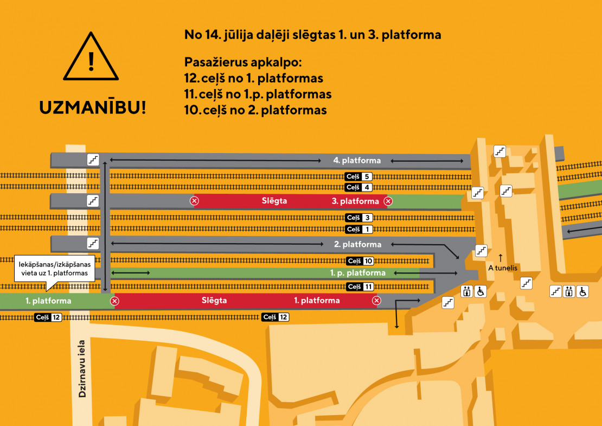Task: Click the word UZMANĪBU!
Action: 93,107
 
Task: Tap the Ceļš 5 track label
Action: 358,176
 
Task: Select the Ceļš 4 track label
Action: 358,187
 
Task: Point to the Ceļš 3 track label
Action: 359,218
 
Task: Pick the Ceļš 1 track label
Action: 359,229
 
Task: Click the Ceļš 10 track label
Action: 360,261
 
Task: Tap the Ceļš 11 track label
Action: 360,287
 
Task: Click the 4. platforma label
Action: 357,160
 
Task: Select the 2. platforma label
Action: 357,244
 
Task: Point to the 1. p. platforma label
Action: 358,273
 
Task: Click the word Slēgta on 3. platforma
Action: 274,200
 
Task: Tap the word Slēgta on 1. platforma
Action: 214,300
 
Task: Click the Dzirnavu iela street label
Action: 82,368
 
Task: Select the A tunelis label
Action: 503,268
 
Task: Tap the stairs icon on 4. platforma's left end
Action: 93,160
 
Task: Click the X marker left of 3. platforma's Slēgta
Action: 194,200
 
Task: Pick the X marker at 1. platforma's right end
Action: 376,301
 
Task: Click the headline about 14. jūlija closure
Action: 312,35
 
